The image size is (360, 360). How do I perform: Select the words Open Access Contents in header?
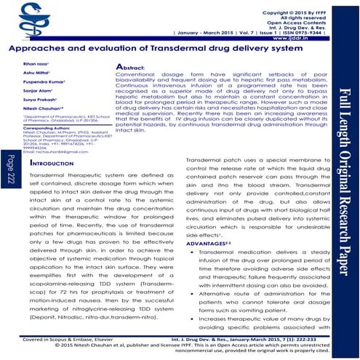point(321,23)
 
